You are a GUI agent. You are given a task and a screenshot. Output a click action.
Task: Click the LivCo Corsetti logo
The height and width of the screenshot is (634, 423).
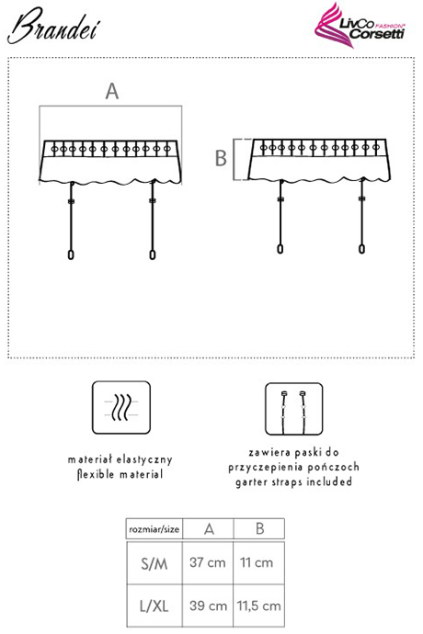(360, 26)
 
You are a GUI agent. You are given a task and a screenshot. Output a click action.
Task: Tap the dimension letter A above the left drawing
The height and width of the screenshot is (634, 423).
(112, 91)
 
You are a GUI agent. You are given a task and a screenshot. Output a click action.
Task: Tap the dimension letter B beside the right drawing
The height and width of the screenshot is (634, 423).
(221, 158)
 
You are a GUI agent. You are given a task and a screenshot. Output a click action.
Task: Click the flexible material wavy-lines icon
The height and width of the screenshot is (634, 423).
(121, 407)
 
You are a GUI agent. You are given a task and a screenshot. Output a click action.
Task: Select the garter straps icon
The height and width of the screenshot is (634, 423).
(294, 409)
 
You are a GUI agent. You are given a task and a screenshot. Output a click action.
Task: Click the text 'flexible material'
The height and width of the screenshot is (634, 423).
(120, 474)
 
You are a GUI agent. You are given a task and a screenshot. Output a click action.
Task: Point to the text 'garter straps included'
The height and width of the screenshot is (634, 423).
(294, 482)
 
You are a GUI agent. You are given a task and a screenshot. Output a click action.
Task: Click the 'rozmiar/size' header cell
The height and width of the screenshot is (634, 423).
(154, 529)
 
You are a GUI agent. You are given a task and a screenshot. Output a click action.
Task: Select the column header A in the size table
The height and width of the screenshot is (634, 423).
(209, 529)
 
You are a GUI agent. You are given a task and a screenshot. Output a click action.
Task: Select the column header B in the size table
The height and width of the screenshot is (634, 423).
(259, 528)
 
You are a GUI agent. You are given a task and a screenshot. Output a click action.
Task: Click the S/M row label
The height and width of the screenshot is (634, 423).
(154, 563)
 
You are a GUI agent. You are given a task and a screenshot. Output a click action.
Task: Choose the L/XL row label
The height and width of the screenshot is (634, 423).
(154, 606)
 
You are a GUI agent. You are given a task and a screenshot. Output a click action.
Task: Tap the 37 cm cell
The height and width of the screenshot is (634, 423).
(208, 562)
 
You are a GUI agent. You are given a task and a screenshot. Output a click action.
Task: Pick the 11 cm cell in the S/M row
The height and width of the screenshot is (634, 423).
(257, 562)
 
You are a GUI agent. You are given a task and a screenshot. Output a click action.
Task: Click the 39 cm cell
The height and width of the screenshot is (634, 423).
(208, 606)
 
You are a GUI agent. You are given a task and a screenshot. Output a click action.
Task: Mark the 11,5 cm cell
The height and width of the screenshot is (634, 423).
(259, 606)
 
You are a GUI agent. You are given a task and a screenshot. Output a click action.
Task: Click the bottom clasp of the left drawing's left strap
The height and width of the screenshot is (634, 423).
(71, 255)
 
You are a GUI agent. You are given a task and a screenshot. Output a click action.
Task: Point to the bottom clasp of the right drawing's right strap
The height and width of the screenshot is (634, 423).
(362, 248)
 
